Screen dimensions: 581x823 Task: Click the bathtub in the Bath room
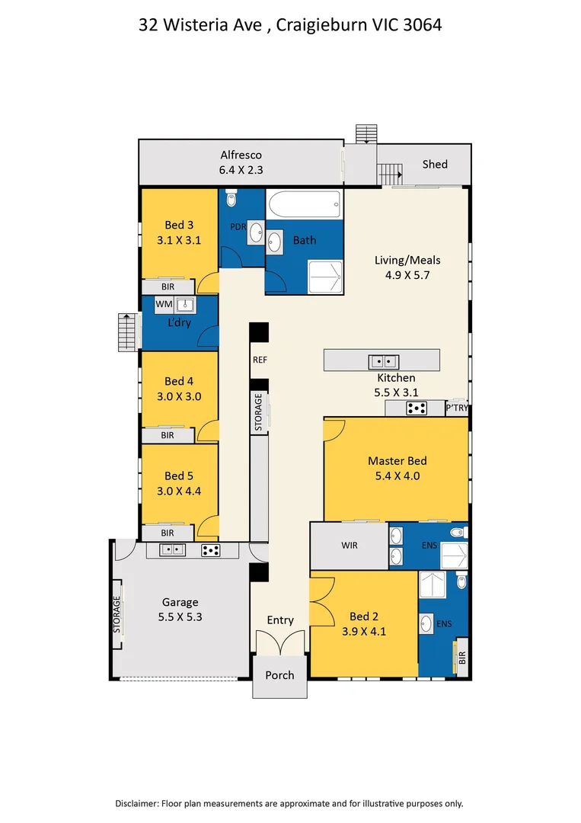click(x=304, y=205)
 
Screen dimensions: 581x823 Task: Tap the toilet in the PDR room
click(x=231, y=199)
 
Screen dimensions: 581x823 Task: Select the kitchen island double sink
click(x=383, y=362)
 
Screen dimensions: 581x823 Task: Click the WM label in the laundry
click(x=164, y=304)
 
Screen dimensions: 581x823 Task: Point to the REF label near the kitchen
click(x=260, y=360)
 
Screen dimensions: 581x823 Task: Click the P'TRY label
click(x=457, y=407)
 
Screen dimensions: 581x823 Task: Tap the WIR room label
click(x=350, y=546)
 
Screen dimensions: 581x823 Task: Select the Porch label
click(x=279, y=675)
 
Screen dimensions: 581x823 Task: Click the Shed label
click(x=435, y=165)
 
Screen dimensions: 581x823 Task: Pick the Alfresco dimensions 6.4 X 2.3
click(x=241, y=170)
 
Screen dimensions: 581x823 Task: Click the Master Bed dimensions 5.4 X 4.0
click(x=397, y=476)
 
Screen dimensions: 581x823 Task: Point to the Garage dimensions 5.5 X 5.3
click(x=180, y=617)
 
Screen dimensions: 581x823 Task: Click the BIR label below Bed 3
click(x=168, y=287)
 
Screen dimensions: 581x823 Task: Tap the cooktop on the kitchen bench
click(x=417, y=408)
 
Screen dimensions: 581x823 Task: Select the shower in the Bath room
click(x=325, y=277)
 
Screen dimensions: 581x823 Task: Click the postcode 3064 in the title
click(x=422, y=24)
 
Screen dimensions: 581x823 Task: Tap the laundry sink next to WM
click(x=184, y=304)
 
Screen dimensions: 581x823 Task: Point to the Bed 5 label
click(x=179, y=476)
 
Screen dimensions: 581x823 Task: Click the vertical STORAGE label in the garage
click(x=117, y=614)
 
